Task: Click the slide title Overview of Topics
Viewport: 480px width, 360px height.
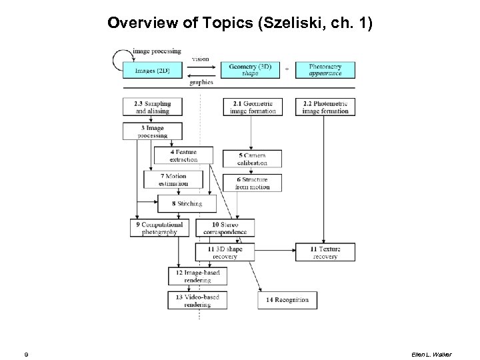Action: coord(240,23)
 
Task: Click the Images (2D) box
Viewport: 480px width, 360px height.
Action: coord(153,70)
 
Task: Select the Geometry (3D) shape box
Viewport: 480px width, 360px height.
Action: coord(251,70)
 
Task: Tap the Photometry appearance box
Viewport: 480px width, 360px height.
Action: coord(325,70)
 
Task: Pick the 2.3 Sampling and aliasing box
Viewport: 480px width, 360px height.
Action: coord(153,107)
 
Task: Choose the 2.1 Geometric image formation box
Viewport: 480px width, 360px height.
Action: coord(253,107)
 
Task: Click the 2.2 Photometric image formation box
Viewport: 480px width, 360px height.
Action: coord(325,107)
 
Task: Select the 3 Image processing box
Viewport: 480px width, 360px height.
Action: coord(153,131)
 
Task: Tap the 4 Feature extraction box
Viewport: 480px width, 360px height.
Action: coord(184,156)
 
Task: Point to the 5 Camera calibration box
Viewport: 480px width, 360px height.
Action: coord(253,159)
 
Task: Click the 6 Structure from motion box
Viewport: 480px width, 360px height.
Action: coord(253,183)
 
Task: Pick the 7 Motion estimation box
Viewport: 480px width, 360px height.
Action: coord(173,179)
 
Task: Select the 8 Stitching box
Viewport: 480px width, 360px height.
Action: coord(187,203)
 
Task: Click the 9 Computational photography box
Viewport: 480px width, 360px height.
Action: coord(160,228)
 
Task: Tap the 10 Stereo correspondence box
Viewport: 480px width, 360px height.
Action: coord(229,228)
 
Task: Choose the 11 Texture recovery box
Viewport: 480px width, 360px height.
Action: coord(325,252)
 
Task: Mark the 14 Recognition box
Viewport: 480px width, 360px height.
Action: coord(287,300)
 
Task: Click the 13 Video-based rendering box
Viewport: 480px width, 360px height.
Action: coord(194,300)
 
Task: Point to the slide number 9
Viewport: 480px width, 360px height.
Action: coord(25,354)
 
